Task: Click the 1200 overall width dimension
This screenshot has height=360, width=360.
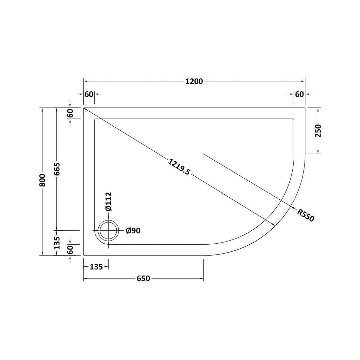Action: (194, 82)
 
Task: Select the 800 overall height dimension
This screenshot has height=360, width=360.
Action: (43, 180)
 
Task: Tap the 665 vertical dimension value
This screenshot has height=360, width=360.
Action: (57, 169)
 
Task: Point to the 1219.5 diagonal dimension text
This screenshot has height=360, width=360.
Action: (179, 167)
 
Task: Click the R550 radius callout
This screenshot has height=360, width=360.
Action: (306, 215)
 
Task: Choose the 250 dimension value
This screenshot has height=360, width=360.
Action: (318, 131)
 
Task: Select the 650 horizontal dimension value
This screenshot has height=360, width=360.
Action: (143, 278)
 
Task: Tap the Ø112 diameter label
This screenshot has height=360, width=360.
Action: (108, 201)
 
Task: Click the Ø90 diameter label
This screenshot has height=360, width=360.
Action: (133, 230)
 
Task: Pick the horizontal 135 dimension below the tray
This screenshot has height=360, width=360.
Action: (96, 267)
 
